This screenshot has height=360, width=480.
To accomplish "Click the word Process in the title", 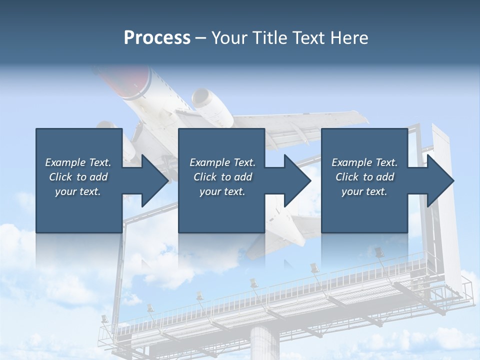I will [157, 38].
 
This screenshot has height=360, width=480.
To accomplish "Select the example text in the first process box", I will [78, 177].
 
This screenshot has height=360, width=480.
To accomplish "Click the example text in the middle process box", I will [222, 177].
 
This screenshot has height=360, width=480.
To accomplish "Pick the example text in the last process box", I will [364, 177].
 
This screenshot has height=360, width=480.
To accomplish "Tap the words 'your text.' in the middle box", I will [222, 191].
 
